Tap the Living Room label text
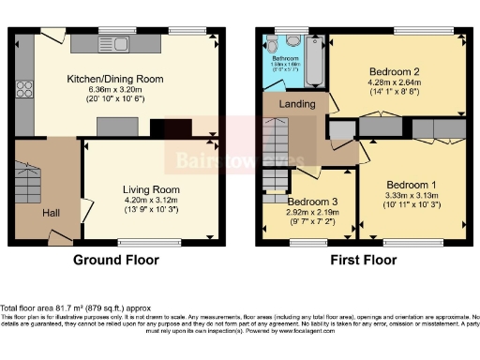coord(151,188)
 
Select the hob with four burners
coord(24,90)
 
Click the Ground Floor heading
coord(113,260)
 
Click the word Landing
coord(298,104)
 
